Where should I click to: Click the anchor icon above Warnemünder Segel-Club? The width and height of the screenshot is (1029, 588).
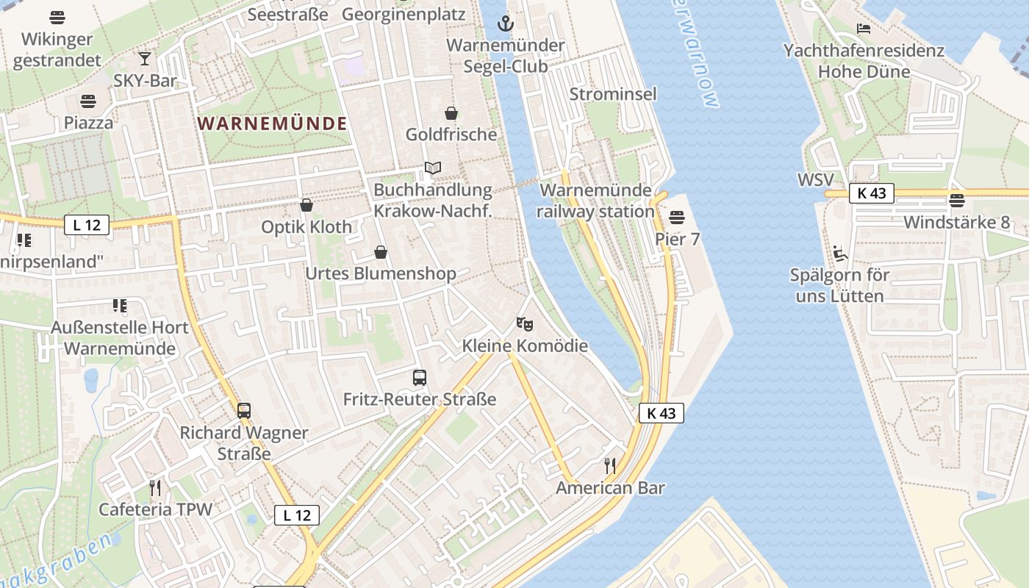[x=504, y=24]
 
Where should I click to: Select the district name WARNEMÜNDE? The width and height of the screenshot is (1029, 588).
[x=272, y=123]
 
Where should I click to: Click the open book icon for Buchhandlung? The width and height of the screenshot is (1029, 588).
[x=433, y=168]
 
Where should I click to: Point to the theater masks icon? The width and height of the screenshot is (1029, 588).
[x=524, y=323]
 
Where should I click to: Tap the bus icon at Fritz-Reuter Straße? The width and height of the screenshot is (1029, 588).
[x=420, y=378]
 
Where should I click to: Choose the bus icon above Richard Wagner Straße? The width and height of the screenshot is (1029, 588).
[x=244, y=410]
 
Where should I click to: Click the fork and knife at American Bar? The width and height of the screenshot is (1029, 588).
[x=609, y=465]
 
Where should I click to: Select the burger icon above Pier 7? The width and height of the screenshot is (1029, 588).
[x=677, y=218]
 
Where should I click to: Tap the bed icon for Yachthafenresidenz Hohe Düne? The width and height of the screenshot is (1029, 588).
[x=864, y=29]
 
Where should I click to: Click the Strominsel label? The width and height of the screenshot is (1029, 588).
[x=613, y=94]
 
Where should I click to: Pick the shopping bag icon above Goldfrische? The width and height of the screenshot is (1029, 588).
[x=451, y=113]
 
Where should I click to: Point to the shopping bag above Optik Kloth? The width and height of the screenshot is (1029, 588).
[x=306, y=205]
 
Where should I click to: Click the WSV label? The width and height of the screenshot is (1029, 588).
[x=816, y=180]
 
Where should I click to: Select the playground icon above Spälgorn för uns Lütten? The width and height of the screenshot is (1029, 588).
[x=839, y=254]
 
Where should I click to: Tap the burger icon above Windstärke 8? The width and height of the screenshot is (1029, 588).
[x=956, y=200]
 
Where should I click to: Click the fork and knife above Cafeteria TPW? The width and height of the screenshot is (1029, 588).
[x=155, y=487]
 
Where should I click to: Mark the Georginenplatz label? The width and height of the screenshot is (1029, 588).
[x=404, y=14]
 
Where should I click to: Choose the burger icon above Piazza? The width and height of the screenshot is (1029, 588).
[x=88, y=101]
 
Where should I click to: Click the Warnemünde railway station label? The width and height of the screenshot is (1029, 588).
[x=595, y=201]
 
